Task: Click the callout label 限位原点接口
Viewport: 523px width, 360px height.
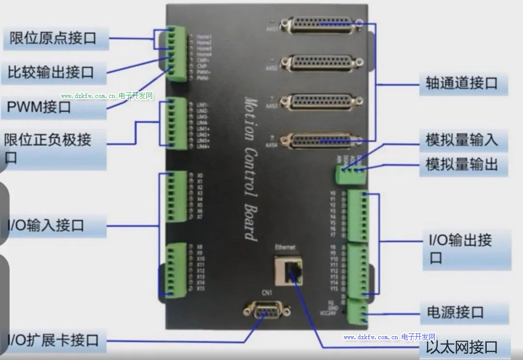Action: click(x=53, y=38)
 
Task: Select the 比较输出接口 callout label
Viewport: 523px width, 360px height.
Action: click(x=51, y=73)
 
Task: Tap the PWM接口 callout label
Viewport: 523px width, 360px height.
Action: click(x=39, y=107)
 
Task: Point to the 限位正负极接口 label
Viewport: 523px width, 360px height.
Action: click(x=48, y=148)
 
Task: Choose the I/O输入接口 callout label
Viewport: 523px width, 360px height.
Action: click(x=46, y=225)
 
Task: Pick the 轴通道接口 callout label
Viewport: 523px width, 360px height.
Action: click(x=461, y=83)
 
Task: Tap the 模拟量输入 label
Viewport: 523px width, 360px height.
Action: click(x=461, y=140)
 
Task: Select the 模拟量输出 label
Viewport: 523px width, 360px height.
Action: click(x=461, y=164)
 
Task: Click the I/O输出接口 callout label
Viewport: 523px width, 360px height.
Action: click(x=460, y=248)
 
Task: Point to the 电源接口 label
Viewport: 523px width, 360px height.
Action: click(x=455, y=312)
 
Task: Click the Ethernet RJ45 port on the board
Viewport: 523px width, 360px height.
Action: click(x=288, y=271)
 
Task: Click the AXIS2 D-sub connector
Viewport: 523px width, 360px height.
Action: click(x=322, y=63)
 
